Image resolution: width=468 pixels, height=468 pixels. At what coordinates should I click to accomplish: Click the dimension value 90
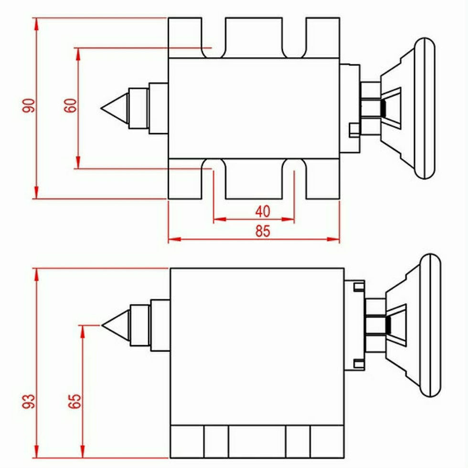[29, 106]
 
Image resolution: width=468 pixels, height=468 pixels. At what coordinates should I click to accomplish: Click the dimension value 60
[71, 106]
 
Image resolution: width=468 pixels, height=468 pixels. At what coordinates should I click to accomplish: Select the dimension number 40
[263, 211]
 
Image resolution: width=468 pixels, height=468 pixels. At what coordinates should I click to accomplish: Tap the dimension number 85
[263, 231]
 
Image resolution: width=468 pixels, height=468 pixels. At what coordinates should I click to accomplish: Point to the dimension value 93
[29, 401]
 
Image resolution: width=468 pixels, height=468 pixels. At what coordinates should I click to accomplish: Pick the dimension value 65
[74, 401]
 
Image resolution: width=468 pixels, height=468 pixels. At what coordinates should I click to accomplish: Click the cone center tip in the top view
[101, 108]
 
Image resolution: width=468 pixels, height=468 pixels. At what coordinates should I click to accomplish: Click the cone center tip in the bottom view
[102, 325]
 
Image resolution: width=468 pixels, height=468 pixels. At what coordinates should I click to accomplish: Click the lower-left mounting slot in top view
[213, 179]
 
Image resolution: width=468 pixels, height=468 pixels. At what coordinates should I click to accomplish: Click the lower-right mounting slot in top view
[294, 179]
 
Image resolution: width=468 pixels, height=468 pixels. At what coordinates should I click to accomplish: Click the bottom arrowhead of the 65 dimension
[83, 452]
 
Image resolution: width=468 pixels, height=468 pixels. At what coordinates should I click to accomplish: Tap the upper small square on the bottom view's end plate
[359, 287]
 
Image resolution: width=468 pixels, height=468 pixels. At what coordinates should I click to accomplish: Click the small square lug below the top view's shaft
[354, 130]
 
